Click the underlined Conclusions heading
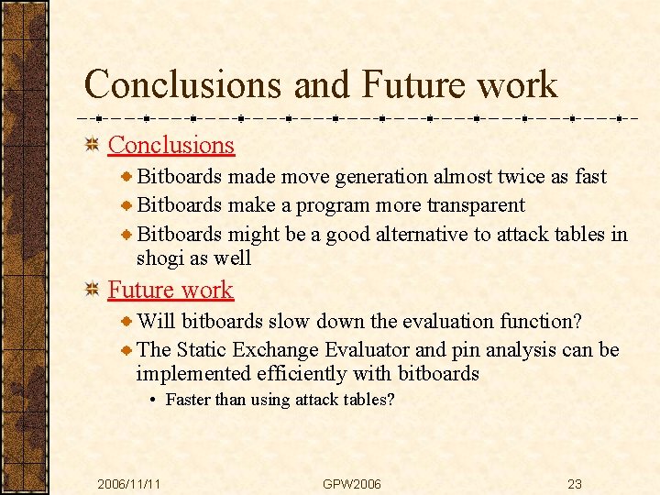coord(170,145)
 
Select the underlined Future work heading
coord(170,290)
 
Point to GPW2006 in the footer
coord(352,484)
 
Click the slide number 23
coord(575,484)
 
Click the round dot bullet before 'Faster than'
coord(153,401)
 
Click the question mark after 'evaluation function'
coord(576,321)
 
